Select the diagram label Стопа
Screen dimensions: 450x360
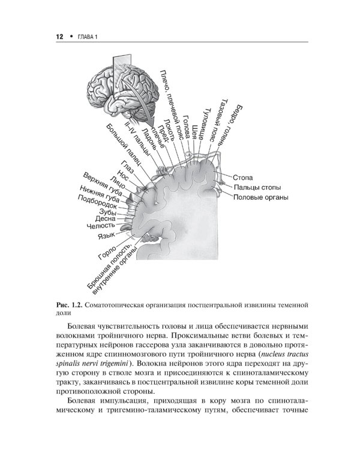coord(241,178)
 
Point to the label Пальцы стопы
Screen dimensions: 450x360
coord(254,187)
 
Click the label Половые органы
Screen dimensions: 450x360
coord(261,197)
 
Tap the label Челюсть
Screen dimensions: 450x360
coord(101,226)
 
